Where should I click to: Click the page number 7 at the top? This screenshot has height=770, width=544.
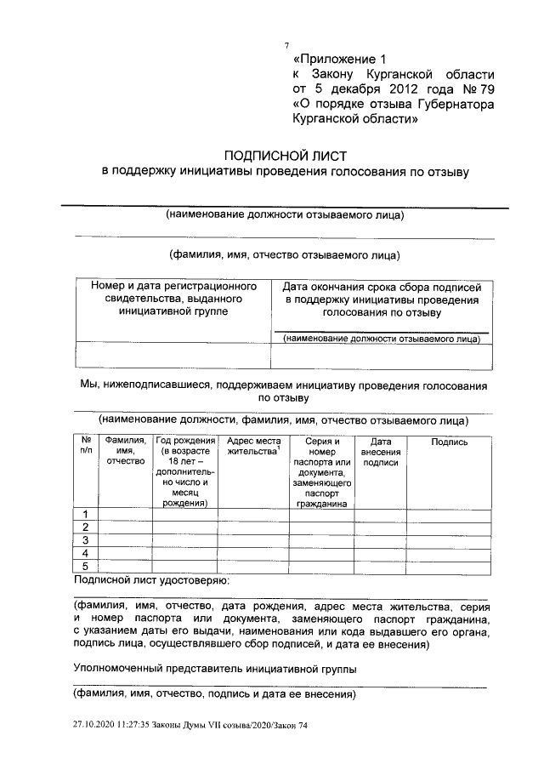pyautogui.click(x=286, y=45)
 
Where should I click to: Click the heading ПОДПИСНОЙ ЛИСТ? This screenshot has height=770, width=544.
pyautogui.click(x=284, y=155)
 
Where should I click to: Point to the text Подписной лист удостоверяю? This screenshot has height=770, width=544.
pyautogui.click(x=151, y=580)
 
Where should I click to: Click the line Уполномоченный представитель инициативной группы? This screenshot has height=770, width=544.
pyautogui.click(x=215, y=669)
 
